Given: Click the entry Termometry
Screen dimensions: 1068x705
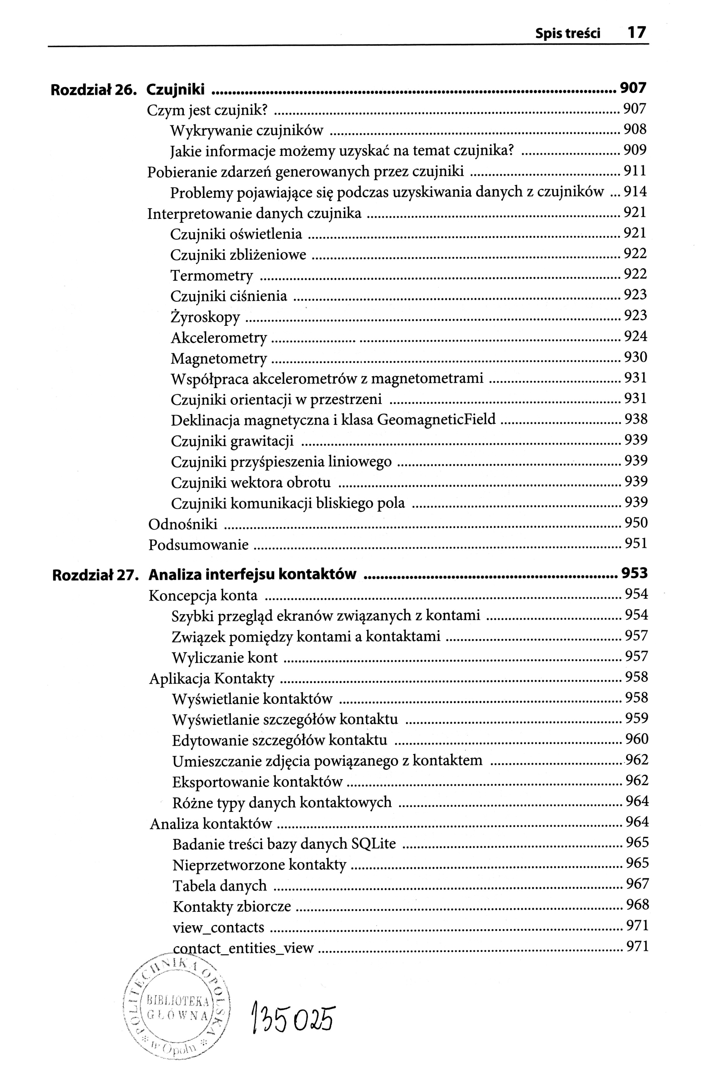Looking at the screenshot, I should click(x=212, y=275).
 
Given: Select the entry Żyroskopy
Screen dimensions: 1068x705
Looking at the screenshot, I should click(x=206, y=317).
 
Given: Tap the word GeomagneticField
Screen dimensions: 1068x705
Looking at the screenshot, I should click(x=436, y=420).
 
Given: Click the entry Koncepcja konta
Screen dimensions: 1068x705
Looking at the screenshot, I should click(x=203, y=596).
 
